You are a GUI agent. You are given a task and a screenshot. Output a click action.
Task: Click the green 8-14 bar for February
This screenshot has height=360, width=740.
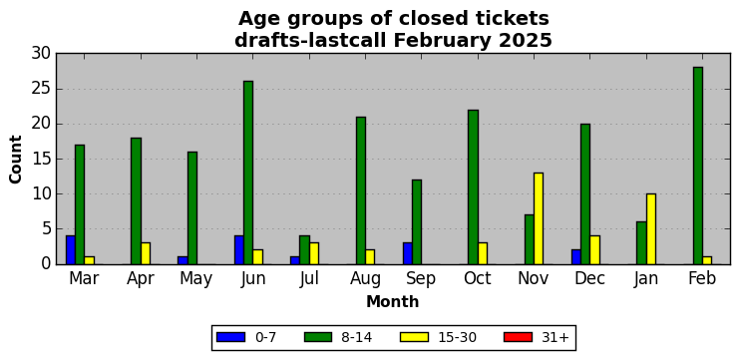(697, 166)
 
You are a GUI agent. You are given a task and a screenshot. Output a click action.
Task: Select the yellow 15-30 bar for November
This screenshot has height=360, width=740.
(539, 218)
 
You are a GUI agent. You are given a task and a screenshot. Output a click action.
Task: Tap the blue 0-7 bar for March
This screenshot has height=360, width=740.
(71, 250)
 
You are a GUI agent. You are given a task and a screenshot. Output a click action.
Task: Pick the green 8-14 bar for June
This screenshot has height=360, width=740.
(248, 173)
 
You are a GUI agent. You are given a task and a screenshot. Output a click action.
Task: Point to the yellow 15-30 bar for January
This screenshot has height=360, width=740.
(651, 228)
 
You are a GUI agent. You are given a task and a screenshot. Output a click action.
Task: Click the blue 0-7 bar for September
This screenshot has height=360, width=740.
(407, 253)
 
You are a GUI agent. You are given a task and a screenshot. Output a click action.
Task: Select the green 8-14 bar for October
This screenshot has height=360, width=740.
(473, 186)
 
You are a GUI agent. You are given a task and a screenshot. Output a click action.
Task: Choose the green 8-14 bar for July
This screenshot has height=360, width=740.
(304, 250)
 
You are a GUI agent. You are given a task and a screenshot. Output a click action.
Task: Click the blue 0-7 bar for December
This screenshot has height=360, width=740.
(575, 257)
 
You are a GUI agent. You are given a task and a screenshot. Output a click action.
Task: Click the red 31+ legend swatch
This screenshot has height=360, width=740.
(518, 337)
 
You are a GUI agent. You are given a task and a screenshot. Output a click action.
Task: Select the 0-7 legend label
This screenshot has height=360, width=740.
(265, 337)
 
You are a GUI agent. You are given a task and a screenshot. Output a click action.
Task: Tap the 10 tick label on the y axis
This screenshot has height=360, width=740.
(42, 193)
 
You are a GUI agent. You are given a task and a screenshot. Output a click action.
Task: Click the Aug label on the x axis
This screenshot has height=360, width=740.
(365, 279)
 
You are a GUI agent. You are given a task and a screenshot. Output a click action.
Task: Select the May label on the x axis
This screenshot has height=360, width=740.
(196, 280)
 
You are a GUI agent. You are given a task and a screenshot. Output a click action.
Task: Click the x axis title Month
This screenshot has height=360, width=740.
(393, 301)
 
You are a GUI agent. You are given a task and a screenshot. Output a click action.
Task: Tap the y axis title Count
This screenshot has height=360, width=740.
(16, 159)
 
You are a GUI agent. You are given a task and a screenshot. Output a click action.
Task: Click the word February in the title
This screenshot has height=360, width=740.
(443, 42)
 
